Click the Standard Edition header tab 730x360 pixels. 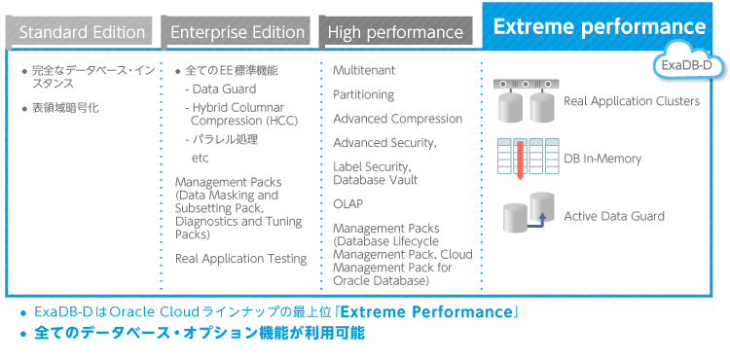tap(82, 32)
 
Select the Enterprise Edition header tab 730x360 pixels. tap(237, 32)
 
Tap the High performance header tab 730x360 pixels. tap(395, 32)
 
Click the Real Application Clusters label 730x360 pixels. tap(631, 101)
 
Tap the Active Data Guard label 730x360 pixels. tap(614, 216)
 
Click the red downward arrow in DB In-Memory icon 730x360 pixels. tap(520, 160)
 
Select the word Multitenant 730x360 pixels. tap(364, 71)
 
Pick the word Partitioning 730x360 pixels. tap(363, 94)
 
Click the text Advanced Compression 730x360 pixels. tap(397, 119)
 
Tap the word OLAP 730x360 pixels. tap(348, 204)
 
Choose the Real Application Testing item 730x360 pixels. tap(240, 259)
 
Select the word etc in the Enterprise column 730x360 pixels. tap(200, 158)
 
